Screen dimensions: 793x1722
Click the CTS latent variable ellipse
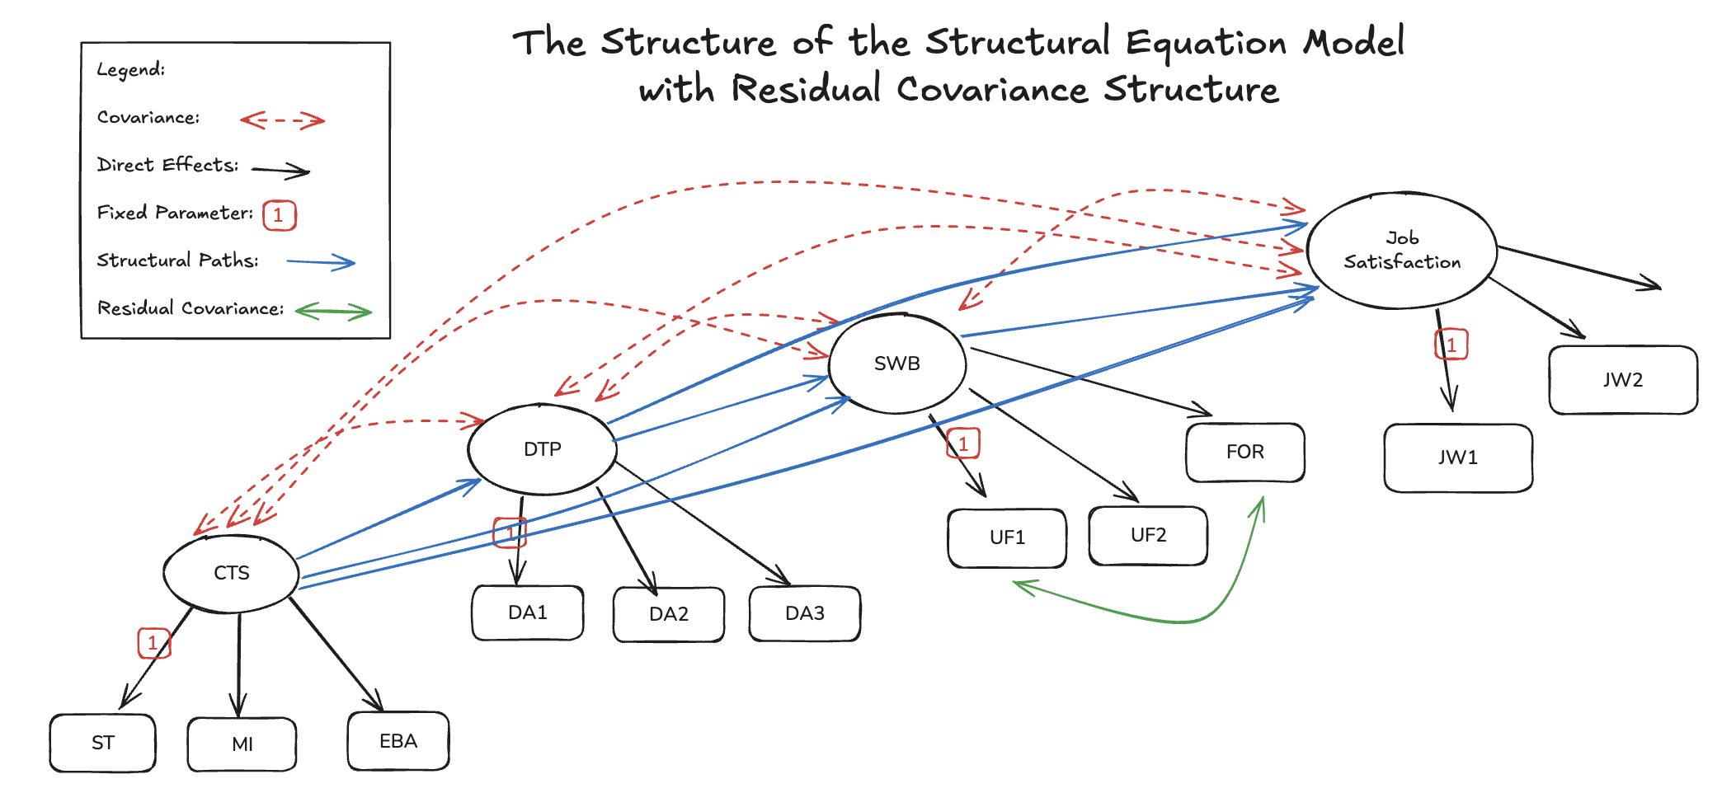tap(231, 574)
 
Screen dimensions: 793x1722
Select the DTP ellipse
tap(542, 449)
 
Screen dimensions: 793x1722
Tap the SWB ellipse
tap(896, 364)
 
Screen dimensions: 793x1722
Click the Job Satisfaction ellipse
tap(1401, 251)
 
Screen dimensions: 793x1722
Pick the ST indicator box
tap(103, 743)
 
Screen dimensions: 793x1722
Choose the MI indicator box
tap(242, 744)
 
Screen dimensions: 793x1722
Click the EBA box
tap(398, 741)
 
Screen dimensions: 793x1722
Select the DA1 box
tap(528, 612)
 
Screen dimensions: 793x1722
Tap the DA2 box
tap(669, 614)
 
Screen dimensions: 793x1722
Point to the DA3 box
tap(805, 613)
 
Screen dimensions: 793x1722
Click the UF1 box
tap(1007, 537)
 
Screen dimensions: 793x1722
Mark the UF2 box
tap(1148, 535)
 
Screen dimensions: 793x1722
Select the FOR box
tap(1245, 452)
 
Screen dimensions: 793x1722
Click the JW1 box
tap(1458, 457)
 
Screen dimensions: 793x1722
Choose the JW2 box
tap(1623, 380)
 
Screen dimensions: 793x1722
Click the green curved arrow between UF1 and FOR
tap(1179, 620)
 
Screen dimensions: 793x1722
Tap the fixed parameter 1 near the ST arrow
tap(153, 643)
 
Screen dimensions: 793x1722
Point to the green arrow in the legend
tap(334, 312)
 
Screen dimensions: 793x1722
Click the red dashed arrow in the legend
tap(283, 121)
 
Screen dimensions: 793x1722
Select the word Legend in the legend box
tap(130, 69)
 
